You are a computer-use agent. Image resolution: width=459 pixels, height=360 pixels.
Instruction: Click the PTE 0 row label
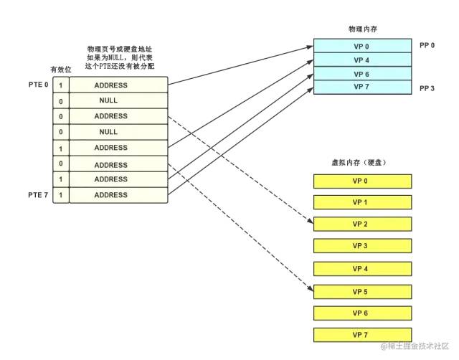point(38,85)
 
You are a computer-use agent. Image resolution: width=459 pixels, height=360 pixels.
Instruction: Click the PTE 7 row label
point(38,194)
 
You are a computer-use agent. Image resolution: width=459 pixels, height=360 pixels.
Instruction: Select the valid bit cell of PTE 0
point(60,85)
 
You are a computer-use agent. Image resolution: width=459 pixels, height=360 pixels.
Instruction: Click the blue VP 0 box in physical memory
point(362,47)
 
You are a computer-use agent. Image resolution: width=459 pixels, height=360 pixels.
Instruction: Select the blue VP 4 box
point(362,60)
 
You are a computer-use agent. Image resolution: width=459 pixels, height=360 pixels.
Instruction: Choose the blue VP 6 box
point(362,74)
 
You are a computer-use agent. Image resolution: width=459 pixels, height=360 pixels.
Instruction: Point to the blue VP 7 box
point(362,87)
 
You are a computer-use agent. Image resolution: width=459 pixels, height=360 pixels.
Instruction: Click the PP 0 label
point(428,45)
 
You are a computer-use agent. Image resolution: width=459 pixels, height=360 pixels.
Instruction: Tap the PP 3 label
point(428,88)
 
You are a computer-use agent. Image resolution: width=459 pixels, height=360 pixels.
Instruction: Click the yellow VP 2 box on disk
point(362,224)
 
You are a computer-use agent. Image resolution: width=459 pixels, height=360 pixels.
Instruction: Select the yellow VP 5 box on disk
point(362,292)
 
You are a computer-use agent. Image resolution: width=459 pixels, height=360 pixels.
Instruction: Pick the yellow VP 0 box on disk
point(362,181)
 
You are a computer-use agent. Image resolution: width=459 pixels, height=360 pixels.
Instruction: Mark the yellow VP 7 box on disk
point(362,336)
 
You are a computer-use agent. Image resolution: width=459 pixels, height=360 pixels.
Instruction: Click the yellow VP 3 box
point(362,247)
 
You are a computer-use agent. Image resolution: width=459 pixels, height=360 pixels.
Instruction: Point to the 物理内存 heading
point(362,29)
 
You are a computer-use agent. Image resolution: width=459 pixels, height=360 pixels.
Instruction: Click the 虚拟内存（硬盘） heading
point(362,163)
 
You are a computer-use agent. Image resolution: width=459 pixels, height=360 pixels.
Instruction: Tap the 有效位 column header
point(60,69)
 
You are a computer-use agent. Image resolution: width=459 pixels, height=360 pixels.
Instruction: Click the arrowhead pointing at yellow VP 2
point(311,222)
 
